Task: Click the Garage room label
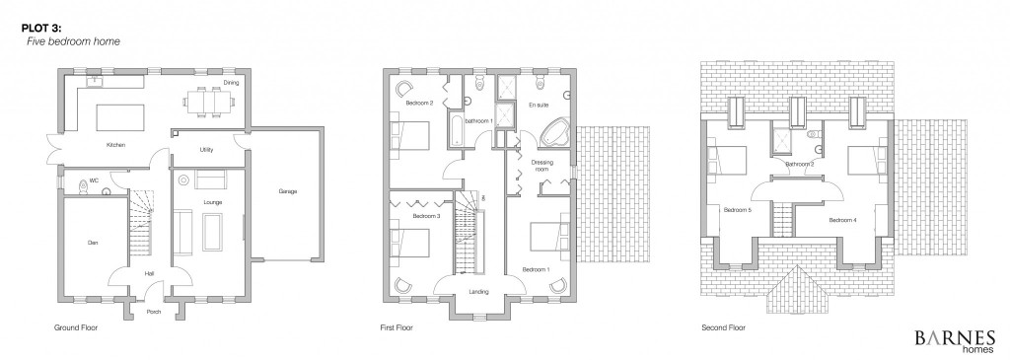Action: [287, 191]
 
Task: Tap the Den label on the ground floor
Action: [92, 243]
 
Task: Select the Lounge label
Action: [213, 202]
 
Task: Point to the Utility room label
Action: [207, 150]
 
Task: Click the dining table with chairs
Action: [208, 102]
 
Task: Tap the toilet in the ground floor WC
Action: [83, 185]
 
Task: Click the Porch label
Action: [153, 313]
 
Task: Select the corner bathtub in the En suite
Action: [554, 134]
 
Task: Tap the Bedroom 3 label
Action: [426, 216]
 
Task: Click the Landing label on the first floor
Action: [478, 292]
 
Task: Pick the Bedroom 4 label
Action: [842, 220]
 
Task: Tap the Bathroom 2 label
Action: [799, 165]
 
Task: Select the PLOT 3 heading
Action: [39, 29]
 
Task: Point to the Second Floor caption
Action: [723, 327]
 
